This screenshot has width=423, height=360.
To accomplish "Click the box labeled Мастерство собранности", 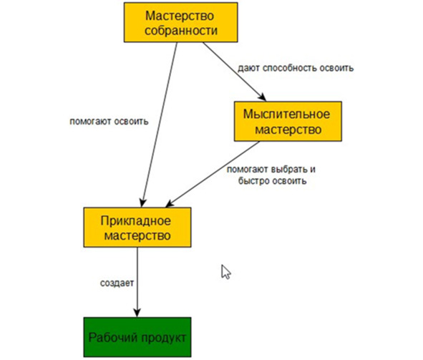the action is click(x=181, y=22).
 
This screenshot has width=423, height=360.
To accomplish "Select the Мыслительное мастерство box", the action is click(x=288, y=122).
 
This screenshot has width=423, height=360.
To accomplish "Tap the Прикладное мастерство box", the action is click(x=137, y=228).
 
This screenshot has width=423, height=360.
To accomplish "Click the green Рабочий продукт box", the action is click(x=137, y=337).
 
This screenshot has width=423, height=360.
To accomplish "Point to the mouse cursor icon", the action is click(x=225, y=272).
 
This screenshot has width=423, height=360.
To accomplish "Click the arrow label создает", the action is click(x=117, y=283).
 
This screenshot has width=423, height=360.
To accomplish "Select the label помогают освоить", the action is click(x=109, y=122).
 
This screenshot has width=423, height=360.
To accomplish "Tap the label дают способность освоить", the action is click(x=296, y=68).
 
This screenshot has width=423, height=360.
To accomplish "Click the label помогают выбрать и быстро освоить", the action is click(x=271, y=175).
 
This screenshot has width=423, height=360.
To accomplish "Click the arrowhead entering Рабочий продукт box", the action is click(x=137, y=313).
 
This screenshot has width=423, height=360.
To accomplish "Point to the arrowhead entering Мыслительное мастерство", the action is click(x=262, y=97).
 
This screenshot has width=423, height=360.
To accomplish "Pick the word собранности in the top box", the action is click(x=181, y=30).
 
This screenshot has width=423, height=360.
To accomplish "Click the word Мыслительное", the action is click(x=286, y=114).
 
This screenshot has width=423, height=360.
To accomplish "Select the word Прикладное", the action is click(x=136, y=221).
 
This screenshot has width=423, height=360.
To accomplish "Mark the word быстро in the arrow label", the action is click(x=253, y=180).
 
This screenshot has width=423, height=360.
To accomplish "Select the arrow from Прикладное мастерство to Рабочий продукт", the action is click(x=137, y=282).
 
